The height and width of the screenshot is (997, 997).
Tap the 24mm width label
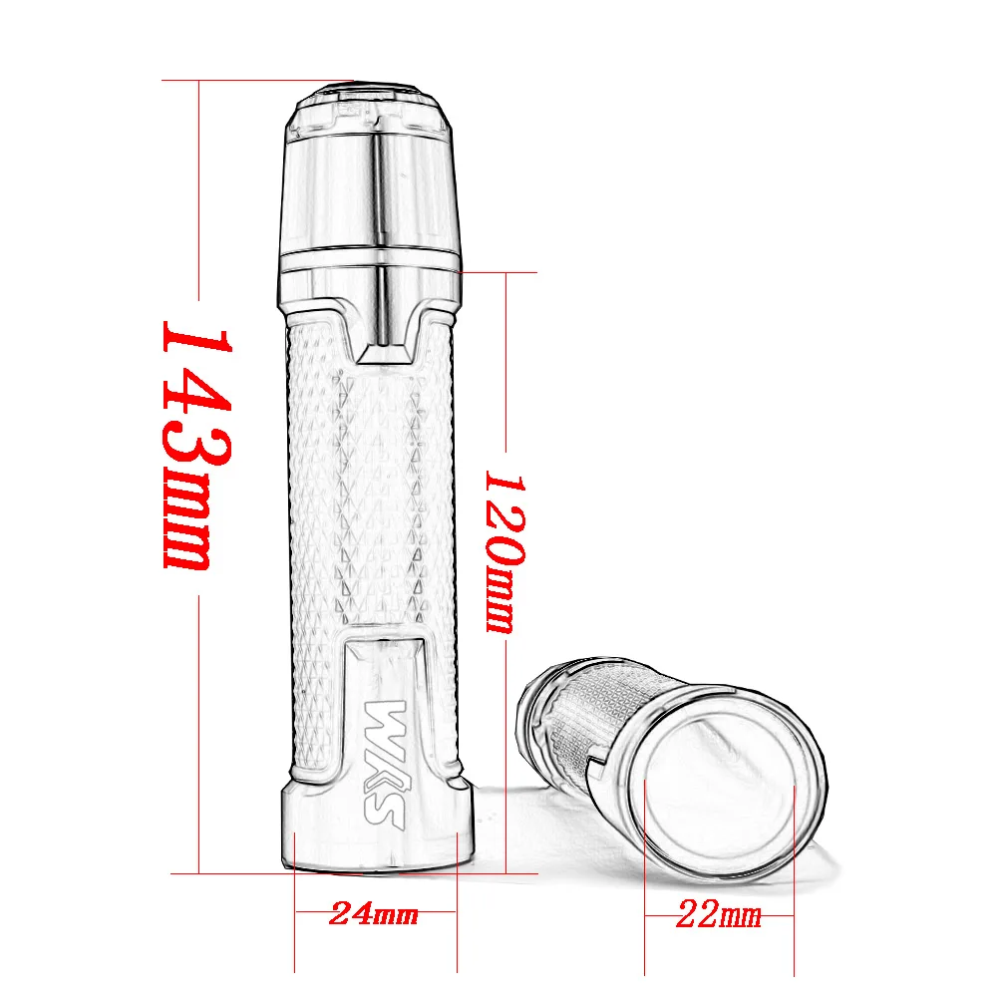click(374, 913)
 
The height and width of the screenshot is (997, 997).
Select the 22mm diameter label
click(718, 913)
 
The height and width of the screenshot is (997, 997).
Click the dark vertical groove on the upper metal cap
click(380, 189)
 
